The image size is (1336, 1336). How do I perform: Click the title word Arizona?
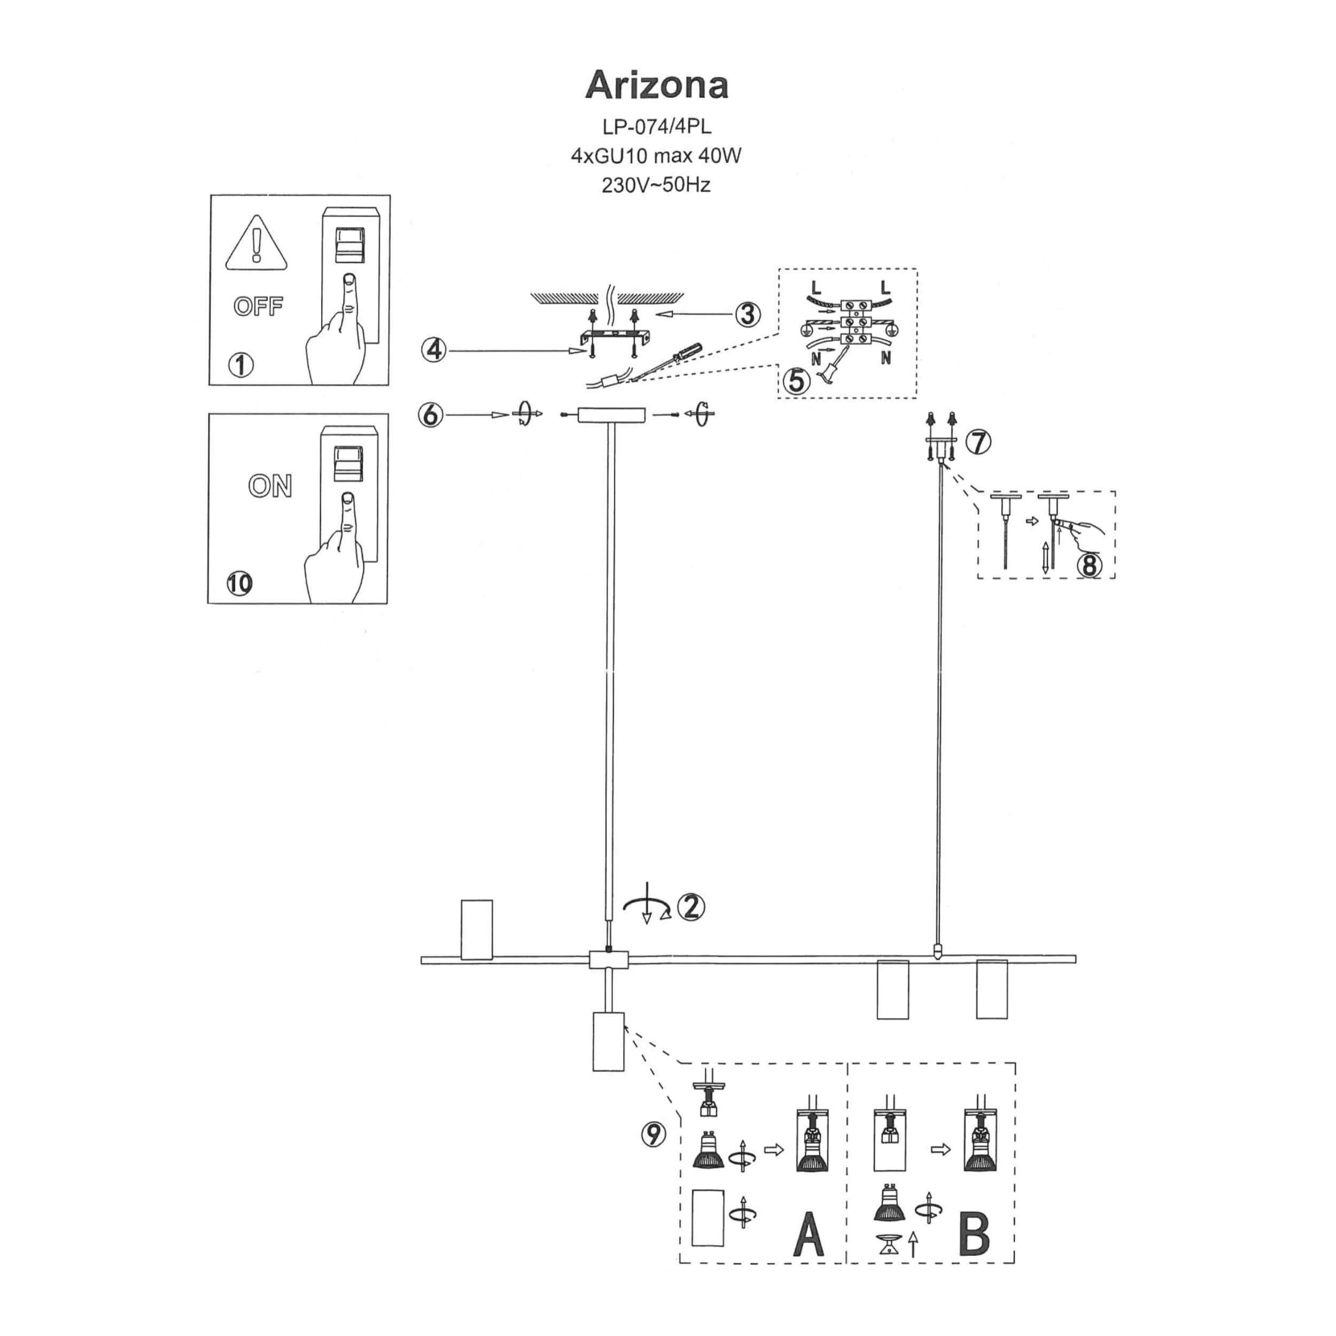pyautogui.click(x=656, y=86)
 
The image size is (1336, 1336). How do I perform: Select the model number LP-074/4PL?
pyautogui.click(x=656, y=127)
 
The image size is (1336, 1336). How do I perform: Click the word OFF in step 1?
pyautogui.click(x=258, y=306)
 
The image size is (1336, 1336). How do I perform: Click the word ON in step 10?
pyautogui.click(x=270, y=486)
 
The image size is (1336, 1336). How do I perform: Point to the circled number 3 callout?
pyautogui.click(x=747, y=315)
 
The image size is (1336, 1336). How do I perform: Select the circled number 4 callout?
pyautogui.click(x=433, y=351)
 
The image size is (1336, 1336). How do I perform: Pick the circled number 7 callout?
pyautogui.click(x=978, y=441)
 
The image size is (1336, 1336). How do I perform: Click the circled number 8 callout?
pyautogui.click(x=1089, y=565)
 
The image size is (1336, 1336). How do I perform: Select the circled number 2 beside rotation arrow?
pyautogui.click(x=691, y=906)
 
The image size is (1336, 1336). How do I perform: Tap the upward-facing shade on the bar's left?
pyautogui.click(x=477, y=929)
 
